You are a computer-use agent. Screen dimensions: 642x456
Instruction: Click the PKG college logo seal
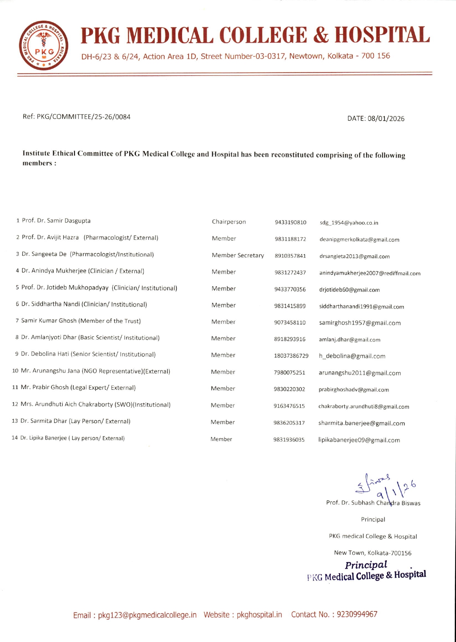(x=43, y=45)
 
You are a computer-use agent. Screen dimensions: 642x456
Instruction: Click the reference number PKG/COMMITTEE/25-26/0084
(x=83, y=117)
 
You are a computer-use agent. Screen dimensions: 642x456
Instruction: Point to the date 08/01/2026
(x=386, y=119)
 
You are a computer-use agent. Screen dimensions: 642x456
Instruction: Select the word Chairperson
(x=229, y=222)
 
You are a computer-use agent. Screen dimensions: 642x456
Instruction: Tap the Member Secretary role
(x=238, y=255)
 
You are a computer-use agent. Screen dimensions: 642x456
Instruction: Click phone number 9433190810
(x=290, y=222)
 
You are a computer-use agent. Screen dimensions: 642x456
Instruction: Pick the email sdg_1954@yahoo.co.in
(x=349, y=223)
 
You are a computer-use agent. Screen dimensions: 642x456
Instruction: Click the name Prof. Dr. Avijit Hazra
(x=50, y=237)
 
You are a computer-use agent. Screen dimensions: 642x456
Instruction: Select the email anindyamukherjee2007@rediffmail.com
(x=370, y=273)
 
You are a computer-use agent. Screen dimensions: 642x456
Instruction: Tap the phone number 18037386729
(x=291, y=356)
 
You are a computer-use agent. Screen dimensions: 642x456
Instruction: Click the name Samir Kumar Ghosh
(x=49, y=321)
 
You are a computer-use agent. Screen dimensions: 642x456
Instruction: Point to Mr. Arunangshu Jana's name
(x=51, y=371)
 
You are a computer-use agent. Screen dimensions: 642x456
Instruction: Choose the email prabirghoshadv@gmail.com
(x=353, y=390)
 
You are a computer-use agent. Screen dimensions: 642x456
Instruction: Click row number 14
(x=15, y=438)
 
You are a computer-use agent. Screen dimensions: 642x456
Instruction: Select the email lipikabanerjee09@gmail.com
(x=359, y=440)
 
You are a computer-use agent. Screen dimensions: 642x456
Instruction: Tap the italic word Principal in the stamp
(x=366, y=565)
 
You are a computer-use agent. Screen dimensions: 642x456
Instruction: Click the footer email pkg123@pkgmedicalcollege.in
(x=147, y=615)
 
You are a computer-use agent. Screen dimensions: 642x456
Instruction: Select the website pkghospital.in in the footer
(x=259, y=615)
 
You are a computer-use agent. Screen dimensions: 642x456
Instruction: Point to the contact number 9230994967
(x=357, y=614)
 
